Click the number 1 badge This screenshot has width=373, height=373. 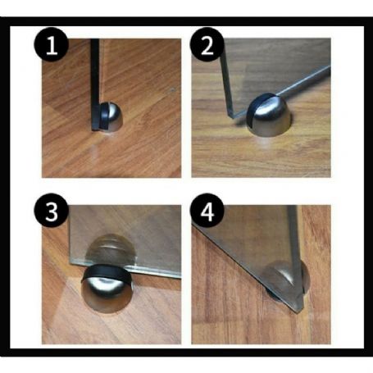point(51,44)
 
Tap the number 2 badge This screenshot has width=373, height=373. point(207,44)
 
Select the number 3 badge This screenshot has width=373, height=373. point(51,211)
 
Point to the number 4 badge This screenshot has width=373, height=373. point(207,211)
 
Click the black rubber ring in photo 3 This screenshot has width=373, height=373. point(107,273)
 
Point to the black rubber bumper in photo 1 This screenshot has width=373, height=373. point(103,116)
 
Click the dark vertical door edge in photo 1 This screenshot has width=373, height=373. point(95,84)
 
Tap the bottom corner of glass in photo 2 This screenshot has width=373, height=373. point(231,116)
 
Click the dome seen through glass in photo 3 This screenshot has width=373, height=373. point(110,248)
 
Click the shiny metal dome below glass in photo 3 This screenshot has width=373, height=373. point(107,293)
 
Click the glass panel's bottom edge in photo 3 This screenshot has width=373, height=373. point(125,269)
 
